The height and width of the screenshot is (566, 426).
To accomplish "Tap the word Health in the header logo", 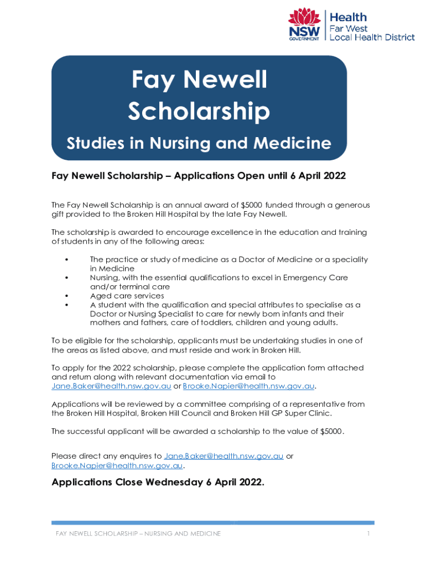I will [348, 17].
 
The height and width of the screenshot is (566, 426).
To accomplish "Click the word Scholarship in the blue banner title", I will [199, 112].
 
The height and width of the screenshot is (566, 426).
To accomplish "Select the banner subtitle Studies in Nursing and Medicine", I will [199, 144].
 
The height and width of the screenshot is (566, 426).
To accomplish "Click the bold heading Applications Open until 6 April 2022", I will [260, 176].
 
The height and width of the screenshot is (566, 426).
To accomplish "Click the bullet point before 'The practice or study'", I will [66, 260].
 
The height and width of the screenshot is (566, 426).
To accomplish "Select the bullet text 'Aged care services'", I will [127, 296].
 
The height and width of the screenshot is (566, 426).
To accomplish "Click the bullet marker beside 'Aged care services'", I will [66, 296].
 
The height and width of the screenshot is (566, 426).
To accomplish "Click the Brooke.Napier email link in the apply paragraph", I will [248, 386].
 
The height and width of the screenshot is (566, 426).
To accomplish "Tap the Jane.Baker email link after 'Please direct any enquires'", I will [224, 456].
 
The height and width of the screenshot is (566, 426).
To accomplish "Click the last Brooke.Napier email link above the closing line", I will [117, 465].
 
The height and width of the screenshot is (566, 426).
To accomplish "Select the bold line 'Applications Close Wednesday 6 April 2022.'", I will [158, 482].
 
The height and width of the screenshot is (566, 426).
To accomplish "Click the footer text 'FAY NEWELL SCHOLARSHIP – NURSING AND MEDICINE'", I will [138, 533].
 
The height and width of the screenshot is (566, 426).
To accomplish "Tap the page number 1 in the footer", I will [367, 533].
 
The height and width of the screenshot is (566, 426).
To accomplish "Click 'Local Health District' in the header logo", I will [372, 37].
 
